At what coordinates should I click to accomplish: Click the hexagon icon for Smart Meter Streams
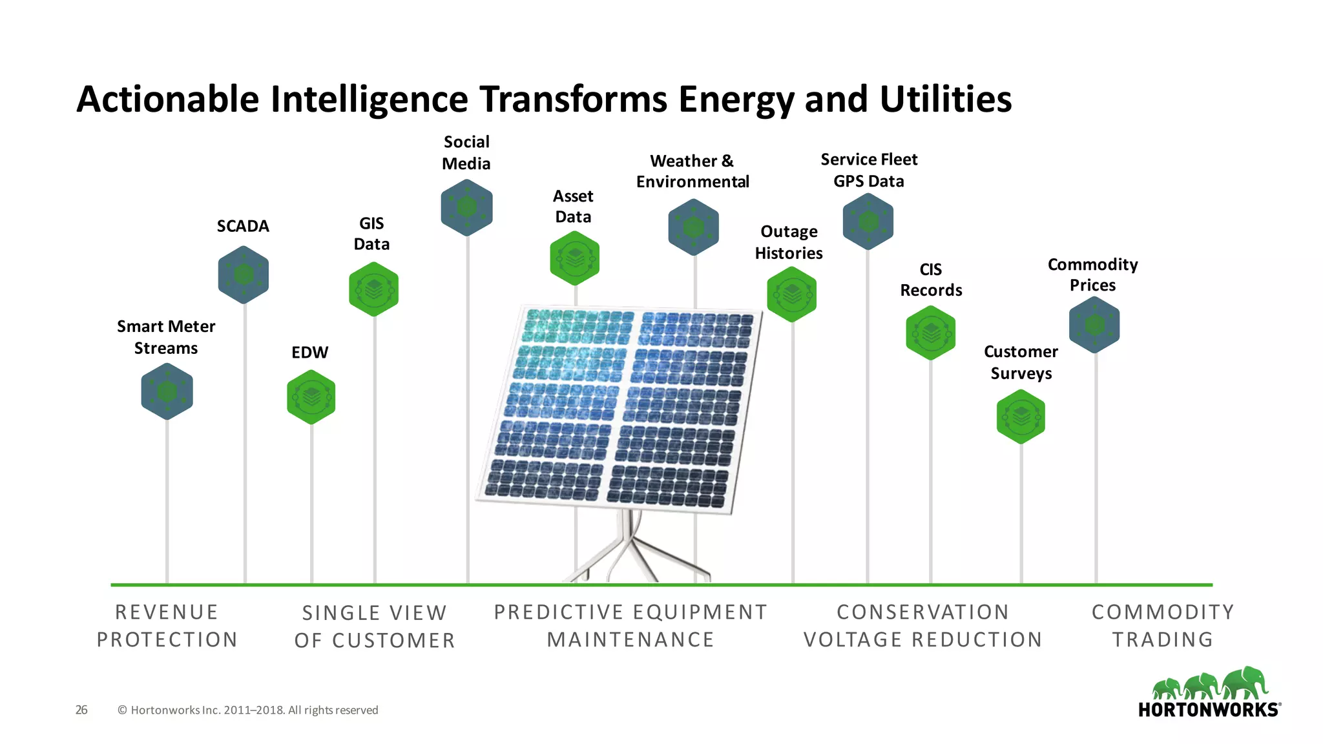click(167, 391)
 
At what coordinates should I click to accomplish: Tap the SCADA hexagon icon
click(244, 274)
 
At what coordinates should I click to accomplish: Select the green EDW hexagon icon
click(311, 397)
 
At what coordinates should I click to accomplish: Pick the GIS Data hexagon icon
click(373, 289)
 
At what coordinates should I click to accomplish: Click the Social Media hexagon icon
click(467, 207)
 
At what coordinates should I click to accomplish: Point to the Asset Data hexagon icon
click(575, 258)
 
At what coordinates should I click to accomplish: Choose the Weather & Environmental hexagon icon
click(694, 227)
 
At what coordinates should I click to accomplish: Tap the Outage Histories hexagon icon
click(792, 294)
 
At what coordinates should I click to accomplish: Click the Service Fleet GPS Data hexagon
click(868, 222)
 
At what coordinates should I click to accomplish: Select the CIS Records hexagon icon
click(931, 333)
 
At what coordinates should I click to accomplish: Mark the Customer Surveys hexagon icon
click(1021, 417)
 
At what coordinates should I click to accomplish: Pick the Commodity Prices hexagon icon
click(1094, 324)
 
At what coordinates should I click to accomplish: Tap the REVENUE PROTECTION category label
click(167, 626)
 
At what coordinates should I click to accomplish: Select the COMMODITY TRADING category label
click(1163, 626)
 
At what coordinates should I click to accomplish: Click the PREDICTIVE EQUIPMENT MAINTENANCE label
click(630, 626)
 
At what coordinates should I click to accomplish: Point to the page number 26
click(81, 710)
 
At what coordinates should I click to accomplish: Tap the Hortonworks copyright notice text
click(248, 710)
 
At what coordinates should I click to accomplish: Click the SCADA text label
click(243, 226)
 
